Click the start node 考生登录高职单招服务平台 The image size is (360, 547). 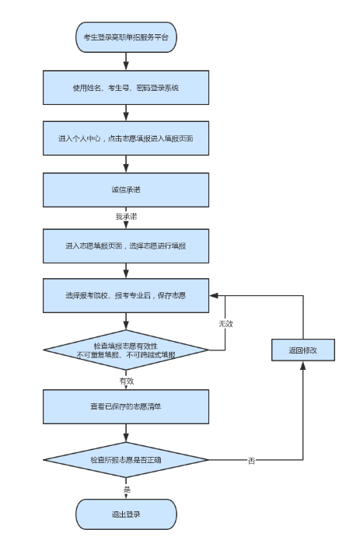click(x=126, y=37)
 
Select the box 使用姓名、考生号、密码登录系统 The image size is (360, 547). click(x=126, y=88)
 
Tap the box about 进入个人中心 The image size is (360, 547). click(x=126, y=138)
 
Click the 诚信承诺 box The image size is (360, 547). click(x=126, y=190)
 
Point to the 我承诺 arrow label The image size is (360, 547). click(x=126, y=217)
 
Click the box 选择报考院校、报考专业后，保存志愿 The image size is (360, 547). click(x=126, y=295)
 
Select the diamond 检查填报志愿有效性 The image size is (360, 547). click(x=126, y=349)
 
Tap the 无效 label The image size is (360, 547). click(x=225, y=322)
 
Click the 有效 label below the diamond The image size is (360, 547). click(x=126, y=382)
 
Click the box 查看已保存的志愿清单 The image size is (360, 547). click(x=126, y=406)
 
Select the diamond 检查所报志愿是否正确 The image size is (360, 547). click(x=126, y=460)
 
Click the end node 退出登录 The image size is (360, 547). click(x=126, y=514)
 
